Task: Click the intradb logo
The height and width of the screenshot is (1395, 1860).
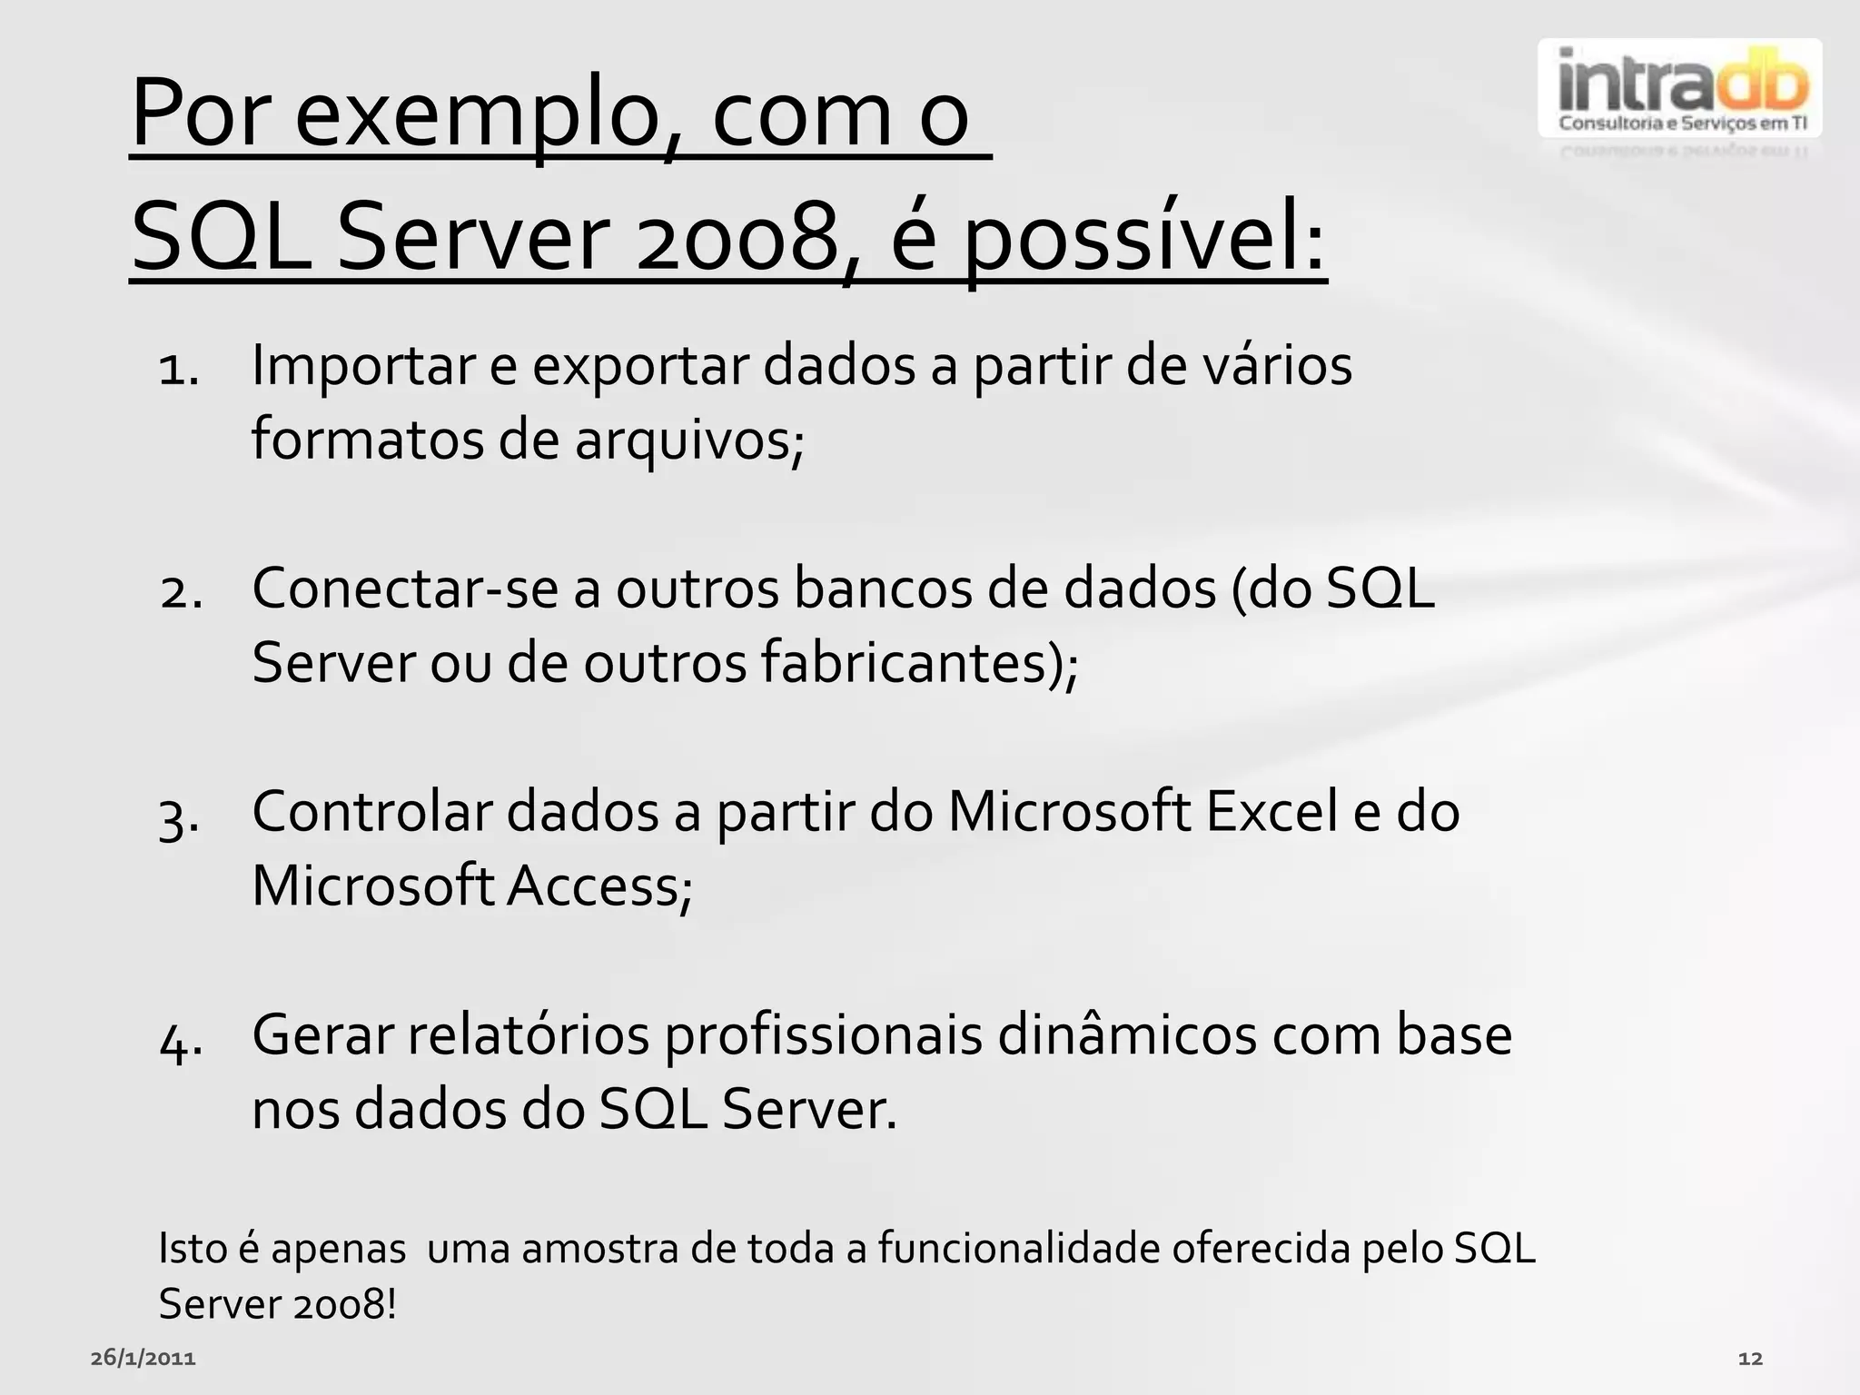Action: [1679, 89]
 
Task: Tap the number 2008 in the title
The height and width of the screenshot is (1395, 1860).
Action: [737, 238]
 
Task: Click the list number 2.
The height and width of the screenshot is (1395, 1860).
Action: [181, 593]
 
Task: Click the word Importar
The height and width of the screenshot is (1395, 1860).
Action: [363, 366]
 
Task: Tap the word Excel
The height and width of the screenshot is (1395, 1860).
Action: [1271, 811]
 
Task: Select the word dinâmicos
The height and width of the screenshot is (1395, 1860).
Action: [1127, 1035]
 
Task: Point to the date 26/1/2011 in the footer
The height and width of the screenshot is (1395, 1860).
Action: [143, 1359]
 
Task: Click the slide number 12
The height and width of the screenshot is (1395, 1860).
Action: [1750, 1359]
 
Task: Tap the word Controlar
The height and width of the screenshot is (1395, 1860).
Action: [371, 811]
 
